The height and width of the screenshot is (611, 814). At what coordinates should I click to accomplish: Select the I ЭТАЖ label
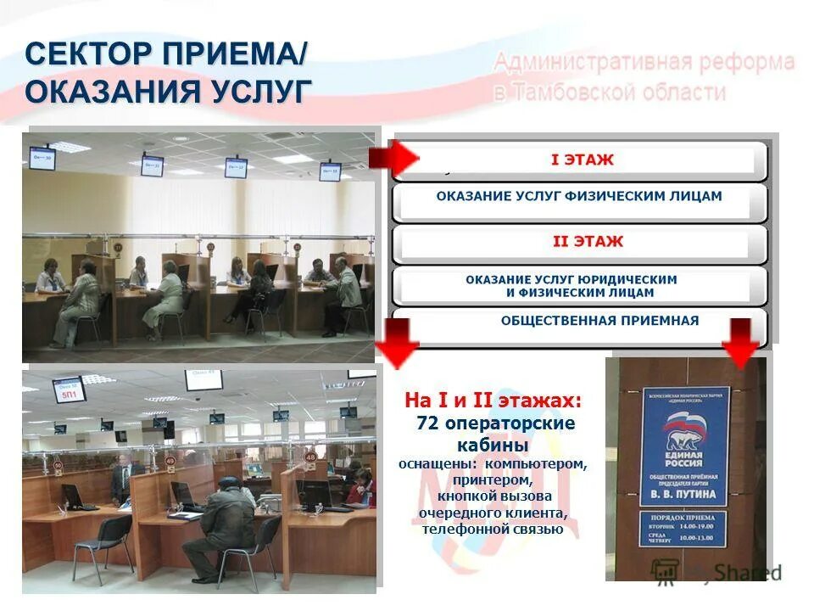click(582, 160)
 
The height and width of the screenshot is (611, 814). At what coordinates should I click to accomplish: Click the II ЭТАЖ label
click(588, 242)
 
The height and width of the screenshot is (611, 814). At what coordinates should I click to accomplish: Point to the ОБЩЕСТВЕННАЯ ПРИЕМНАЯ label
click(599, 321)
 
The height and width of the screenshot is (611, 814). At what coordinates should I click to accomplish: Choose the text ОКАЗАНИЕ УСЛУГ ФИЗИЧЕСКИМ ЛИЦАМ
click(579, 196)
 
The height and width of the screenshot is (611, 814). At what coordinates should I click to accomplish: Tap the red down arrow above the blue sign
click(742, 343)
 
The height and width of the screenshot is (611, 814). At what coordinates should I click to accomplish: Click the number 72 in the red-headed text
click(427, 423)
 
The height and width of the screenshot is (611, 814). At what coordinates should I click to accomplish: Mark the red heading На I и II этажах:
click(493, 400)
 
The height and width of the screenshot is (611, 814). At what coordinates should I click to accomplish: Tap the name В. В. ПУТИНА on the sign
click(683, 494)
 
